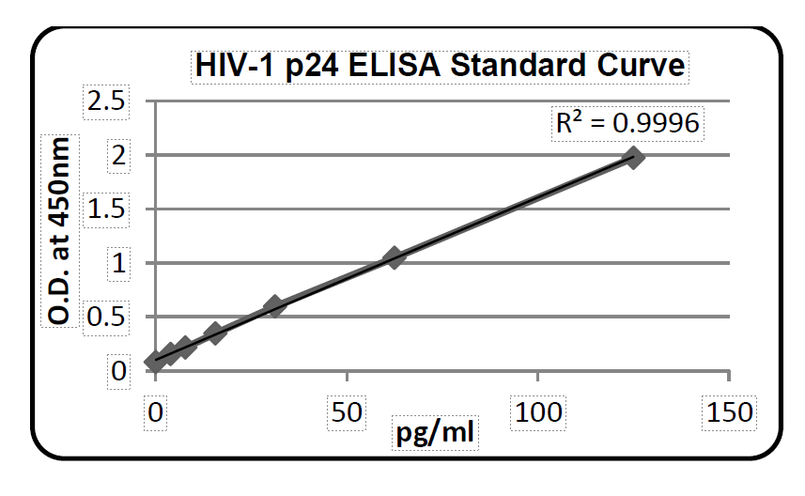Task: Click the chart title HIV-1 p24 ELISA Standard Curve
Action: pyautogui.click(x=441, y=67)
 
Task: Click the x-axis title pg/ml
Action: pyautogui.click(x=435, y=434)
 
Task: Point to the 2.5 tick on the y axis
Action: pyautogui.click(x=105, y=101)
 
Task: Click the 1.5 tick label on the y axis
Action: pyautogui.click(x=105, y=209)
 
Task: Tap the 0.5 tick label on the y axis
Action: pyautogui.click(x=105, y=317)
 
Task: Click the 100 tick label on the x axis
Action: pyautogui.click(x=537, y=411)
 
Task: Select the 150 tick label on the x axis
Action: pyautogui.click(x=729, y=411)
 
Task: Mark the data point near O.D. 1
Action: pyautogui.click(x=395, y=257)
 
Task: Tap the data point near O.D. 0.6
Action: pyautogui.click(x=274, y=305)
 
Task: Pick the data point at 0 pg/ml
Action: pyautogui.click(x=155, y=362)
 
